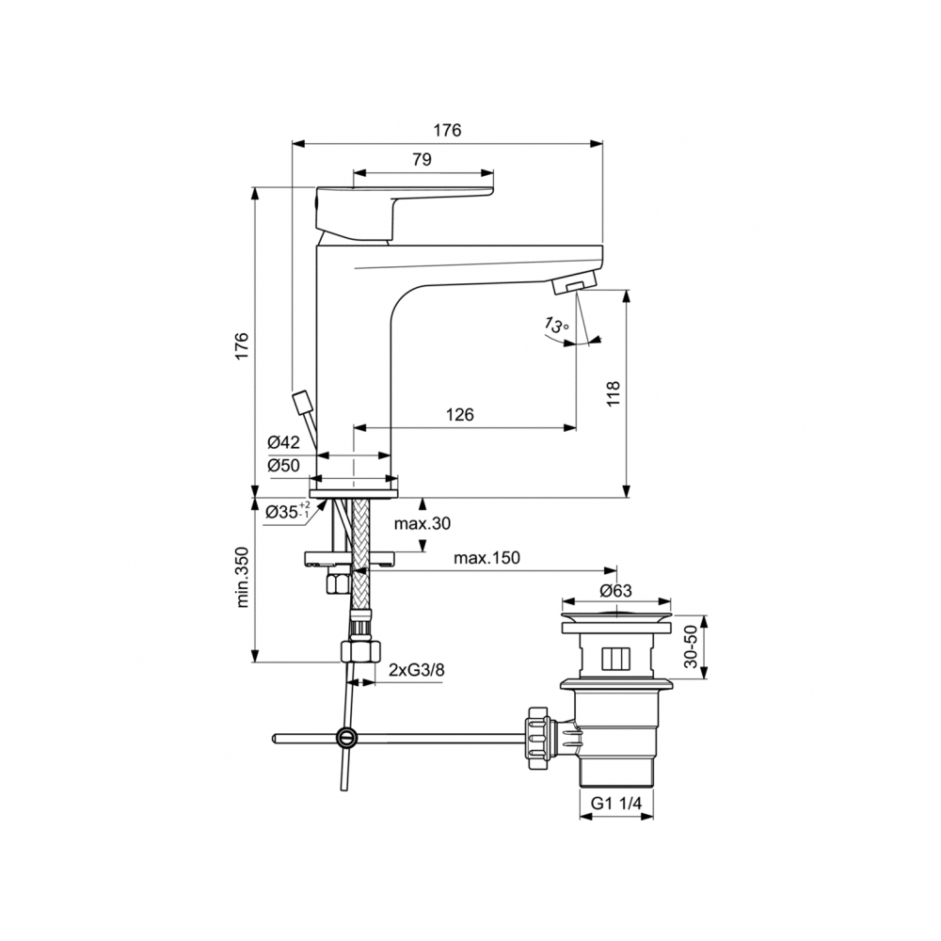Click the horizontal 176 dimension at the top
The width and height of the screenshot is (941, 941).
448,132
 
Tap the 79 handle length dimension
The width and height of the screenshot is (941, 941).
422,160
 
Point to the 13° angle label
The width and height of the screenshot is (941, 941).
556,327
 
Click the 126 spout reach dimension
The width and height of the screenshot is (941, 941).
458,414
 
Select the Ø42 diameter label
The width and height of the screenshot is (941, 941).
282,442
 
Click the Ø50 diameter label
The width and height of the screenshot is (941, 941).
282,465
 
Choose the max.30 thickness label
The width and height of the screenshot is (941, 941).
423,524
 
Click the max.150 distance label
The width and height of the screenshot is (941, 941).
486,558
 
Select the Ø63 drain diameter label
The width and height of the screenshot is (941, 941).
616,591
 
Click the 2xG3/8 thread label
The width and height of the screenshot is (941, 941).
417,670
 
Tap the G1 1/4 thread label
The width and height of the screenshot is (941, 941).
616,803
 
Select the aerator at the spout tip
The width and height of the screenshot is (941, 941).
580,282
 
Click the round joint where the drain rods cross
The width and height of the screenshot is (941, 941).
346,737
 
